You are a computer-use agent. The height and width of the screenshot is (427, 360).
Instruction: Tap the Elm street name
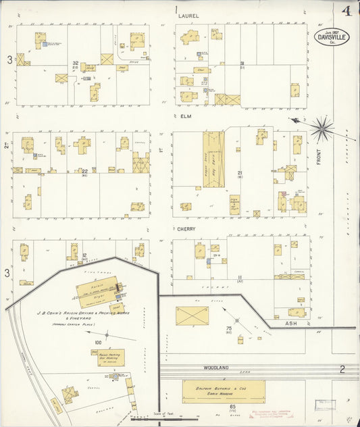[186, 116]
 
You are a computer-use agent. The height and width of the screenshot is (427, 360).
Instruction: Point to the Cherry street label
[186, 228]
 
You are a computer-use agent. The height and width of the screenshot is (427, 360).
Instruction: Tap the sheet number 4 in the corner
[346, 10]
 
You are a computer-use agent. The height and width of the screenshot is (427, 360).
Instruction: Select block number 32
[76, 63]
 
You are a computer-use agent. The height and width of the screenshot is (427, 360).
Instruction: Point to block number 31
[240, 63]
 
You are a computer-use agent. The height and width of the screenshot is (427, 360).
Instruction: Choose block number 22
[85, 171]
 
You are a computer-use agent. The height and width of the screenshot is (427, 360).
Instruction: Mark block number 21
[240, 173]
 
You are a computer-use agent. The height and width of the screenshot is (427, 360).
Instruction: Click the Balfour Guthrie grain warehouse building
[224, 391]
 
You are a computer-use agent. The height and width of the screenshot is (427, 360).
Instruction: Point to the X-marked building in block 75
[192, 316]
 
